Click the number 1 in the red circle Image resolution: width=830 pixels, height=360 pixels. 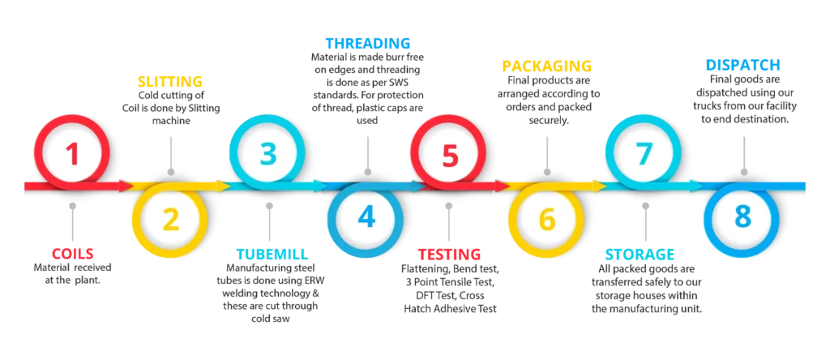[x=73, y=153]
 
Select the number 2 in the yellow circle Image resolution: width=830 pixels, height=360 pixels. [x=170, y=219]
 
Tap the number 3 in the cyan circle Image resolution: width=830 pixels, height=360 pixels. [x=268, y=153]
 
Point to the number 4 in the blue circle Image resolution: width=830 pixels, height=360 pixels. [x=366, y=217]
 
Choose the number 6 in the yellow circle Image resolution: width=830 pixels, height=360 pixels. [x=547, y=219]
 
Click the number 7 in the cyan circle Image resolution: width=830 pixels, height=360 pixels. [x=644, y=153]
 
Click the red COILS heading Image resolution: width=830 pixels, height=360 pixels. [x=73, y=254]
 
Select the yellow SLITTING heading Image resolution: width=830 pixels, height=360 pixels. [x=169, y=81]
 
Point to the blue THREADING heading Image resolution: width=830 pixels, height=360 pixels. [x=367, y=43]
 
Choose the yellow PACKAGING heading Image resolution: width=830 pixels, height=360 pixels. [x=547, y=65]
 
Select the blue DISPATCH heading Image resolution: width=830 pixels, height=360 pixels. [x=742, y=65]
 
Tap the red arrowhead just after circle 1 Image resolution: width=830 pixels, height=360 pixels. [x=126, y=186]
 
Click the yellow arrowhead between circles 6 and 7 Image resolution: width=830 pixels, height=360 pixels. [x=600, y=186]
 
